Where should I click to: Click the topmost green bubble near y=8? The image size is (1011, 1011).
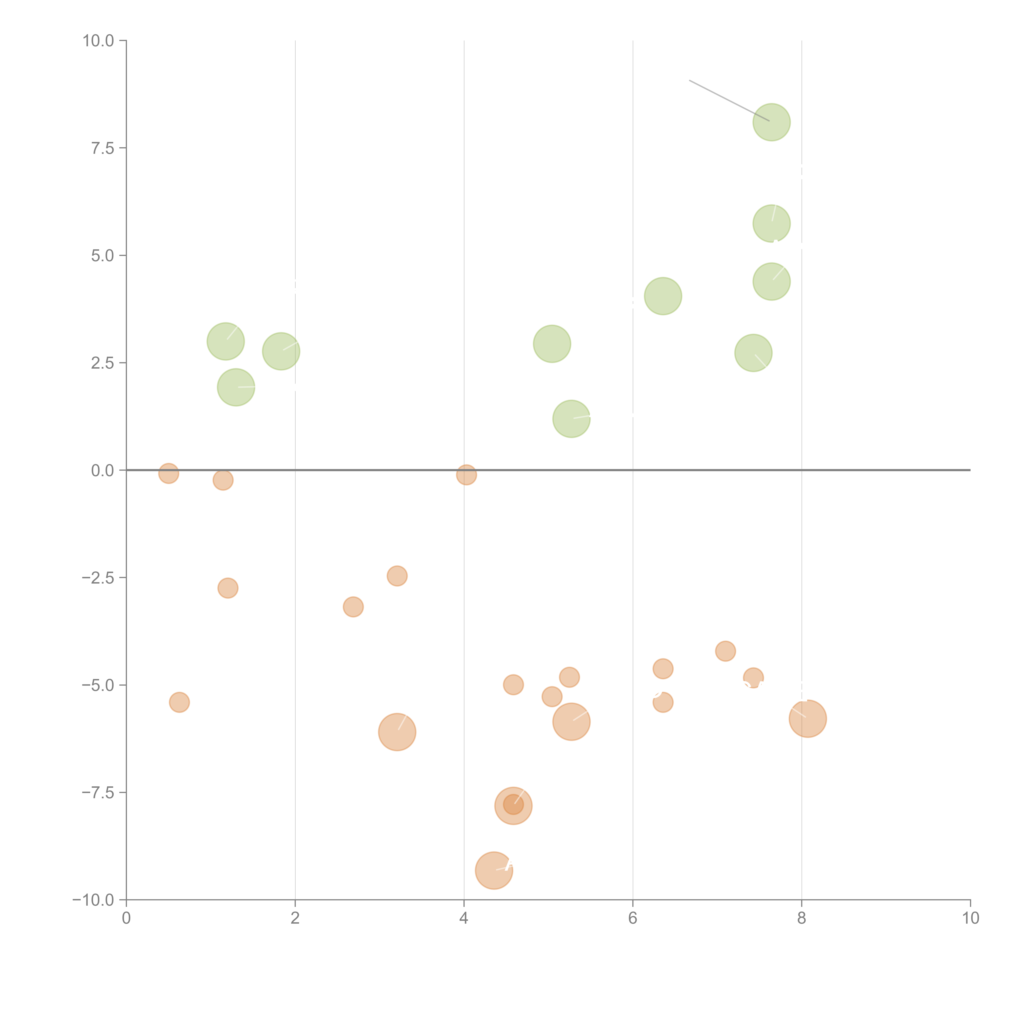tap(771, 123)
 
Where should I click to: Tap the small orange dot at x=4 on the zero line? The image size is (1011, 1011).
tap(466, 475)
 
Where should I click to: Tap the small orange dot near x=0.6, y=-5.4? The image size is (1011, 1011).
tap(180, 702)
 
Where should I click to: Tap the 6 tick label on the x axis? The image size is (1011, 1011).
tap(633, 918)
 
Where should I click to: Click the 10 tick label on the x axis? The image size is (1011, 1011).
tap(970, 918)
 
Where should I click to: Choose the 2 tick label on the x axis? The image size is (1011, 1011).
tap(295, 918)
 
